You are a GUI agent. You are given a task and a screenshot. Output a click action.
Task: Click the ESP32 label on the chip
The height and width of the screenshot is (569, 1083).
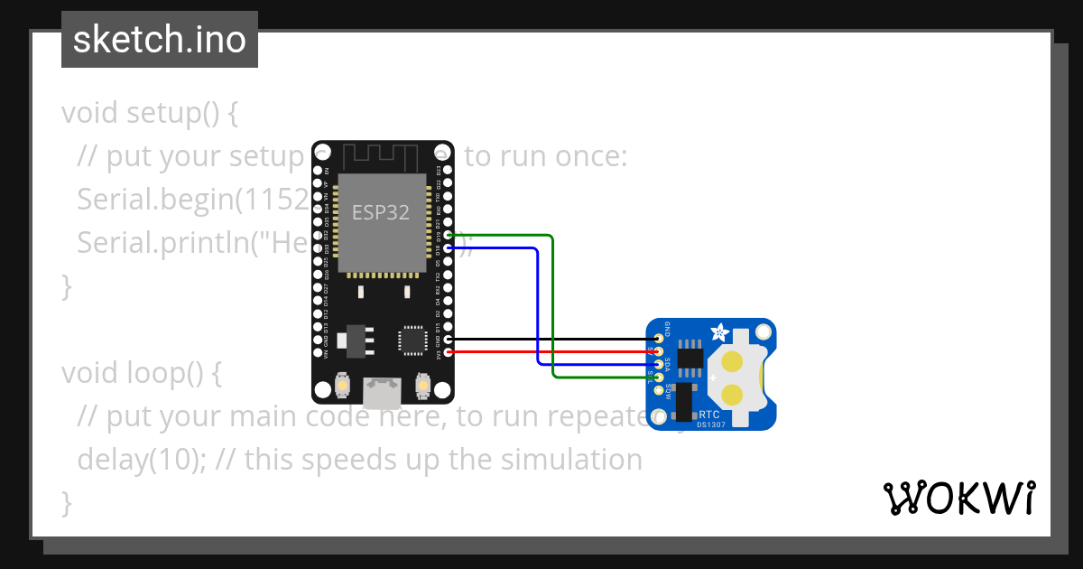pyautogui.click(x=380, y=213)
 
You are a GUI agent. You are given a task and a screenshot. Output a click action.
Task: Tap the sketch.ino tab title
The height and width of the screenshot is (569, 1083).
pyautogui.click(x=160, y=40)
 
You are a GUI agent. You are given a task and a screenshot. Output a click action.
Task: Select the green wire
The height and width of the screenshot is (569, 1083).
pyautogui.click(x=552, y=307)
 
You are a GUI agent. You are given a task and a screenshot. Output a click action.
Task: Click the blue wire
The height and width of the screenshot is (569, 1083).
pyautogui.click(x=538, y=307)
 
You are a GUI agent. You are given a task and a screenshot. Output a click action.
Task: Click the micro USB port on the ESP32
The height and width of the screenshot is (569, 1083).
pyautogui.click(x=381, y=391)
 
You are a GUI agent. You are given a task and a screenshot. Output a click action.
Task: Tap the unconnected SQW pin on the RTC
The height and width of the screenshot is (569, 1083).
pyautogui.click(x=659, y=390)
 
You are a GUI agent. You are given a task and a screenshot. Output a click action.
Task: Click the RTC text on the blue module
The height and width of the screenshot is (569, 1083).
pyautogui.click(x=708, y=415)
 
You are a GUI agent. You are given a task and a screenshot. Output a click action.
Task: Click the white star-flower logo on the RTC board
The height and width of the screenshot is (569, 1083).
pyautogui.click(x=720, y=332)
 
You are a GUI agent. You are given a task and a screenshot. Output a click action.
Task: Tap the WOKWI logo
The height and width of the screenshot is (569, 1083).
pyautogui.click(x=958, y=498)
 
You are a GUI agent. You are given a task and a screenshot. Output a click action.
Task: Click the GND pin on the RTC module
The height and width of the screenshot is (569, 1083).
pyautogui.click(x=659, y=339)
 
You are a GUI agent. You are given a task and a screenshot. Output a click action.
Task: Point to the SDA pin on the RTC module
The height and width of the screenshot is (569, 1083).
pyautogui.click(x=659, y=364)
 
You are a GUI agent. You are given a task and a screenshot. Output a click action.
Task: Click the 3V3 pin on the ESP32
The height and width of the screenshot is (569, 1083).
pyautogui.click(x=449, y=351)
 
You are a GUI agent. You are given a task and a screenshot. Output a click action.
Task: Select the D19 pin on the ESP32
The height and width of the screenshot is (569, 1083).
pyautogui.click(x=449, y=234)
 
